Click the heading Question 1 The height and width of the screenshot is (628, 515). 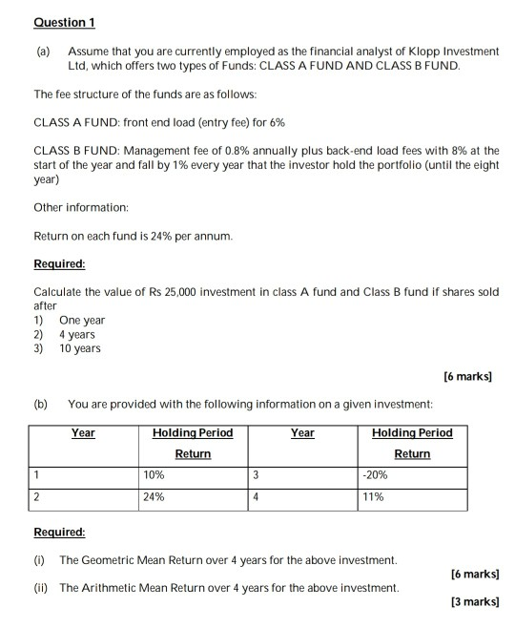(64, 22)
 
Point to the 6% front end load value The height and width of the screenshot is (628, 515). (278, 123)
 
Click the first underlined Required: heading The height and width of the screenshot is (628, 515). (59, 262)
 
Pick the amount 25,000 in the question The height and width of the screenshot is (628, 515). (181, 290)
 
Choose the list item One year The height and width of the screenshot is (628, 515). (82, 321)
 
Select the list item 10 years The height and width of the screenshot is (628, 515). (80, 348)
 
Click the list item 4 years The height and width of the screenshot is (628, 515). (77, 335)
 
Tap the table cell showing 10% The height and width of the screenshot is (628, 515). (154, 473)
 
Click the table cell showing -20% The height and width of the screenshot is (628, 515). (374, 473)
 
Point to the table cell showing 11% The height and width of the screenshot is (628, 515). (371, 496)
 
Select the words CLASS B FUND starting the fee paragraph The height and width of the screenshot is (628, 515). (75, 151)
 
